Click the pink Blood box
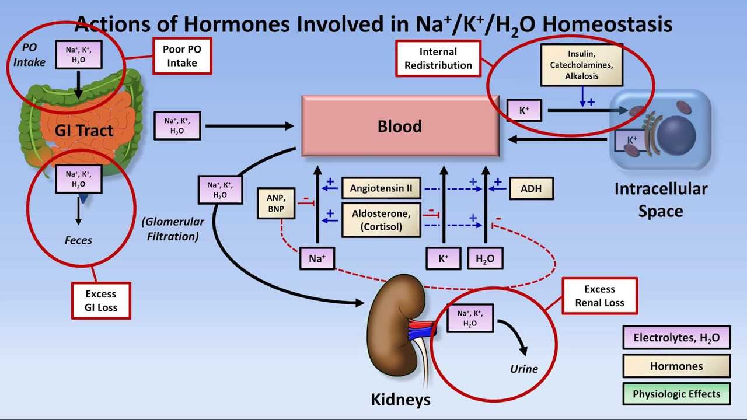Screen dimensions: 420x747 (x=400, y=126)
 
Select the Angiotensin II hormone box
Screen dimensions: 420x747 (x=381, y=188)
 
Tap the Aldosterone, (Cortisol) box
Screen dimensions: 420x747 (x=381, y=220)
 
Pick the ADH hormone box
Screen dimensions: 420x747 (x=530, y=188)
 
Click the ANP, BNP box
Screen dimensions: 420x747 (x=275, y=204)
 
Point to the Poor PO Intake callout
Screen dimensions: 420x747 (x=182, y=56)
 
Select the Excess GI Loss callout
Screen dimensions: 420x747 (x=101, y=300)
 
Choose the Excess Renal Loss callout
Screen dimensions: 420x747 (x=599, y=296)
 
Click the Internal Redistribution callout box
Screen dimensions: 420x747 (x=438, y=58)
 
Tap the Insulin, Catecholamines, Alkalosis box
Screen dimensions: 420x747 (x=581, y=65)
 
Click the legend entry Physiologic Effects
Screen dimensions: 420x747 (x=676, y=394)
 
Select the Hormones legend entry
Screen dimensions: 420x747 (x=676, y=366)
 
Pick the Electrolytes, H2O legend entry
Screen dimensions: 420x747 (x=676, y=337)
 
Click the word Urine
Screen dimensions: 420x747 (x=523, y=369)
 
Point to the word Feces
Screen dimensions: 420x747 (x=78, y=240)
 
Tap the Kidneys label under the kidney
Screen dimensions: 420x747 (x=400, y=400)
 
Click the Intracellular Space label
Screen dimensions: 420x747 (x=661, y=199)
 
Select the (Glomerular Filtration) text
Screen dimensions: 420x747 (x=173, y=229)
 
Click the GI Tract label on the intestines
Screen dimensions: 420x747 (x=84, y=131)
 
